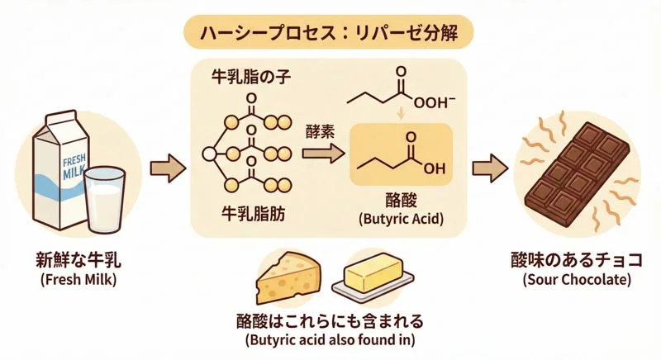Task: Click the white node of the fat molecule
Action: coord(209,154)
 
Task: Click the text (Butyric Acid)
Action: coord(402,220)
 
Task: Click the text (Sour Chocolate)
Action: coord(577,281)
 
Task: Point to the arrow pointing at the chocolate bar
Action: coord(491,169)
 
